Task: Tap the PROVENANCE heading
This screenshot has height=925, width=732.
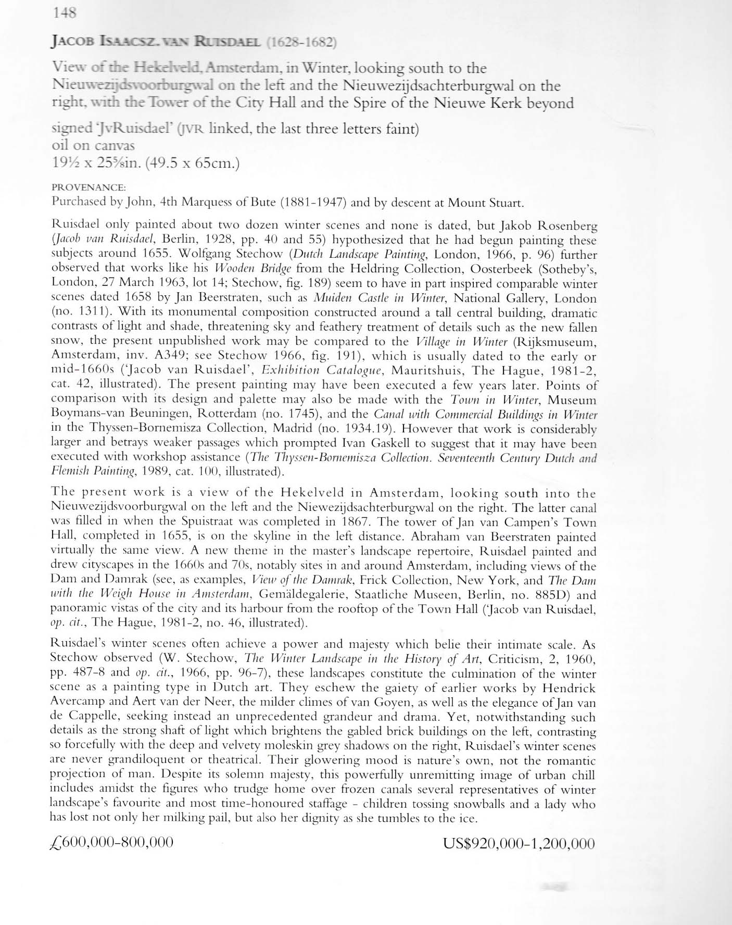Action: (x=89, y=186)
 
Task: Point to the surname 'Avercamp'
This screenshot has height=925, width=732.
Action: (x=77, y=703)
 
